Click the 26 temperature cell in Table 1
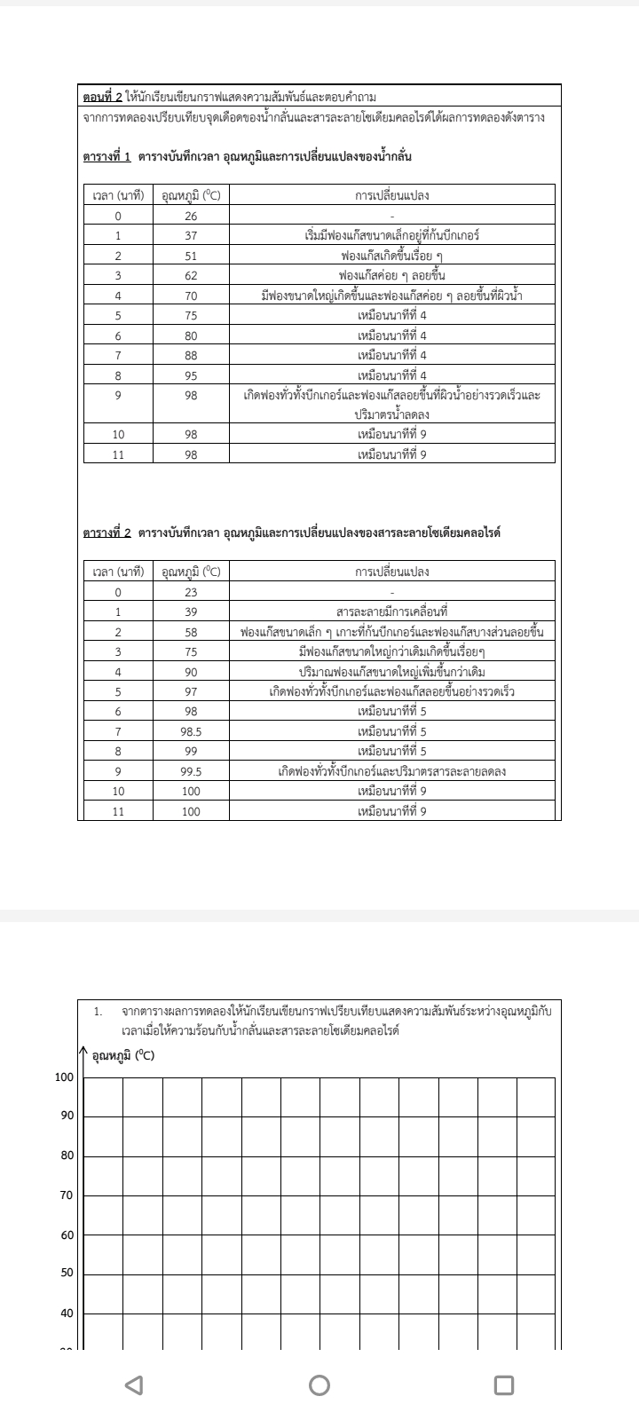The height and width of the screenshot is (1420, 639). [x=191, y=216]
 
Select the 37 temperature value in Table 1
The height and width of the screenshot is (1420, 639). [x=191, y=236]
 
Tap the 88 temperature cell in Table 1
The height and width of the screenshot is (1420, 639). [x=191, y=355]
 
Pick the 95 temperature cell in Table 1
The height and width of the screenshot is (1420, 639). [x=191, y=375]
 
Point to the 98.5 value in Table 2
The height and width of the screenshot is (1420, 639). [x=191, y=731]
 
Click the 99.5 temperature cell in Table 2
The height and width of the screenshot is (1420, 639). [x=191, y=771]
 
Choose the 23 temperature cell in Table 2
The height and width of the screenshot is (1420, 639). [x=191, y=592]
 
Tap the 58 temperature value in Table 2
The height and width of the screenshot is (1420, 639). [x=191, y=632]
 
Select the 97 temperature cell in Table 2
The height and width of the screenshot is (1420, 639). [x=191, y=691]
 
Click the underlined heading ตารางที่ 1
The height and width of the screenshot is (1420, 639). [x=106, y=157]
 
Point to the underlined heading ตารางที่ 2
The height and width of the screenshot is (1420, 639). [x=106, y=533]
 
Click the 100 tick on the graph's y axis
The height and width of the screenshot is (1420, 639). [x=65, y=1077]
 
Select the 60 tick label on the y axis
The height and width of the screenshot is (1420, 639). [x=67, y=1235]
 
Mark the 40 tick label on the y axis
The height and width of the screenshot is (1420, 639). [x=67, y=1313]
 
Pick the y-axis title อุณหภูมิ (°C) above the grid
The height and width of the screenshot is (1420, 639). [x=123, y=1055]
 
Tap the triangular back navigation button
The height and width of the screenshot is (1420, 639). [x=134, y=1384]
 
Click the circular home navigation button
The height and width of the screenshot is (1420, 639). [x=319, y=1384]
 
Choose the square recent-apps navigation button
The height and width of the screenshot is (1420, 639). [x=503, y=1384]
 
